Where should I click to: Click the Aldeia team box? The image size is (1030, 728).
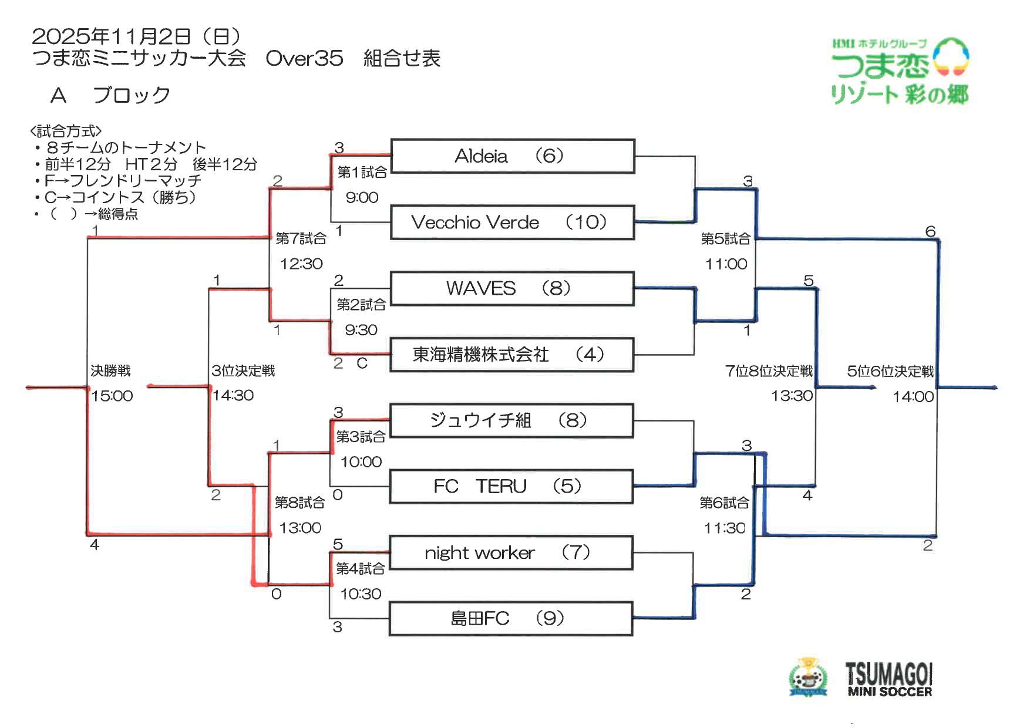pos(512,156)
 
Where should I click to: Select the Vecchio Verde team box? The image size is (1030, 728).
pos(512,223)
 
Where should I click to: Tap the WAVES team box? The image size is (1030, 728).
pos(512,288)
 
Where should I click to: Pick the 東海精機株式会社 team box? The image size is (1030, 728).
pos(512,355)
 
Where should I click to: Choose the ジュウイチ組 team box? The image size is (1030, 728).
pos(511,420)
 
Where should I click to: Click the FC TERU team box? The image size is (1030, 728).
pos(511,487)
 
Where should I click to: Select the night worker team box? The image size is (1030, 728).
pos(511,552)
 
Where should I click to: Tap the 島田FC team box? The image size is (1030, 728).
pos(511,619)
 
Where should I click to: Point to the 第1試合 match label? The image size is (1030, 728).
pos(362,172)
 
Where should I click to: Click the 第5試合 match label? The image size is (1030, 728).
pos(726,238)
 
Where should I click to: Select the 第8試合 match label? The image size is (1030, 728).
pos(299,503)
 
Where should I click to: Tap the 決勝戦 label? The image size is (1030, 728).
pos(110,370)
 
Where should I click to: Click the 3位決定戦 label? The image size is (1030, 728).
pos(243,370)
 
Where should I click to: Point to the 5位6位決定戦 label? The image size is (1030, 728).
pos(890,371)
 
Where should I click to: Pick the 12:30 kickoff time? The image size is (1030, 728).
pos(301,264)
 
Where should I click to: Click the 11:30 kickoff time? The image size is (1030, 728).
pos(725,528)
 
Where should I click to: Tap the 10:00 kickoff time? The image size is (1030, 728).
pos(361,461)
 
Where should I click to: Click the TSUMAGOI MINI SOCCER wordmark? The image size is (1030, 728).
pos(889,680)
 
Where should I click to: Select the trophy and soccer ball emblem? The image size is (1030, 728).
pos(808,678)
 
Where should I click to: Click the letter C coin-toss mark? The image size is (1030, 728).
pos(362,363)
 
